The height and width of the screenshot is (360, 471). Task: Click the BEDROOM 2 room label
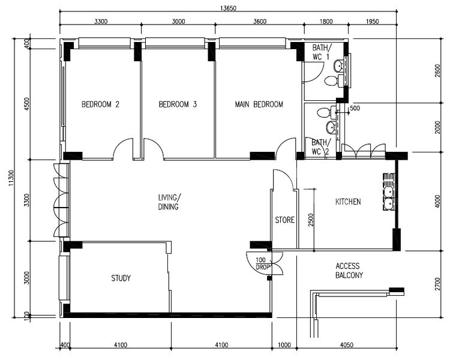pos(100,104)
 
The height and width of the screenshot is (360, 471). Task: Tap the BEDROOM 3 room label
pos(178,104)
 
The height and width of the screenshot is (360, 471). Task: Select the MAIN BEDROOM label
pos(259,104)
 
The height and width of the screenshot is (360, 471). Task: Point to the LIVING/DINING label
pos(169,202)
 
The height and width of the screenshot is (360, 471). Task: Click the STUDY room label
pos(121,278)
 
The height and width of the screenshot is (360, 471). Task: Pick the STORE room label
pos(284,220)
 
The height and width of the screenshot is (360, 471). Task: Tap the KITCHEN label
pos(348,202)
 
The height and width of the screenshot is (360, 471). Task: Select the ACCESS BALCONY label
pos(349,271)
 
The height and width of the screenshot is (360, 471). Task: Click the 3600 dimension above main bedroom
pos(259,21)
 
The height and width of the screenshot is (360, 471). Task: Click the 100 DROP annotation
pos(260,263)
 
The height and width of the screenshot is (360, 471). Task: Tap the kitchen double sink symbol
pos(389,198)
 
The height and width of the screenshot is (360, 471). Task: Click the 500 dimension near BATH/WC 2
pos(354,109)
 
